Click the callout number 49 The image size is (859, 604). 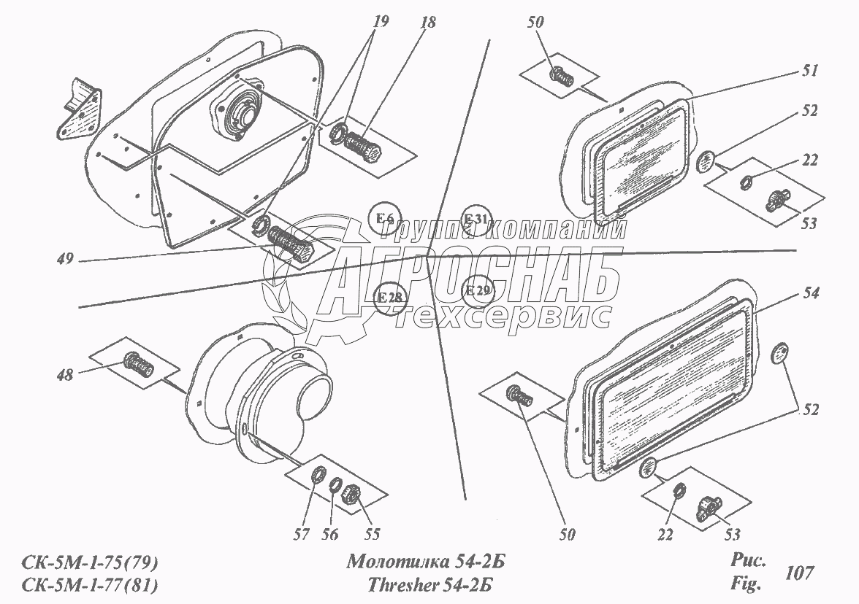(64, 258)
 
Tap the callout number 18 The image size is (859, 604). (428, 23)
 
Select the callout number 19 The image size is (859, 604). (380, 21)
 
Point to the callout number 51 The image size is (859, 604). (809, 71)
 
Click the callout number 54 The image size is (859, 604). (811, 293)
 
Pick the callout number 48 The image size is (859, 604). (64, 375)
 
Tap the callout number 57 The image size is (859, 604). (301, 534)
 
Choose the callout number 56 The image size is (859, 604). (330, 534)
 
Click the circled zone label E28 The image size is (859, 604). (390, 298)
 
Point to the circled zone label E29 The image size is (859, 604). (478, 290)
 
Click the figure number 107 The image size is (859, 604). (799, 573)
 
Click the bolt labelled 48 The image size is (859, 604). (140, 365)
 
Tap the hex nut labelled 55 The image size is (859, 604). (351, 496)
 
